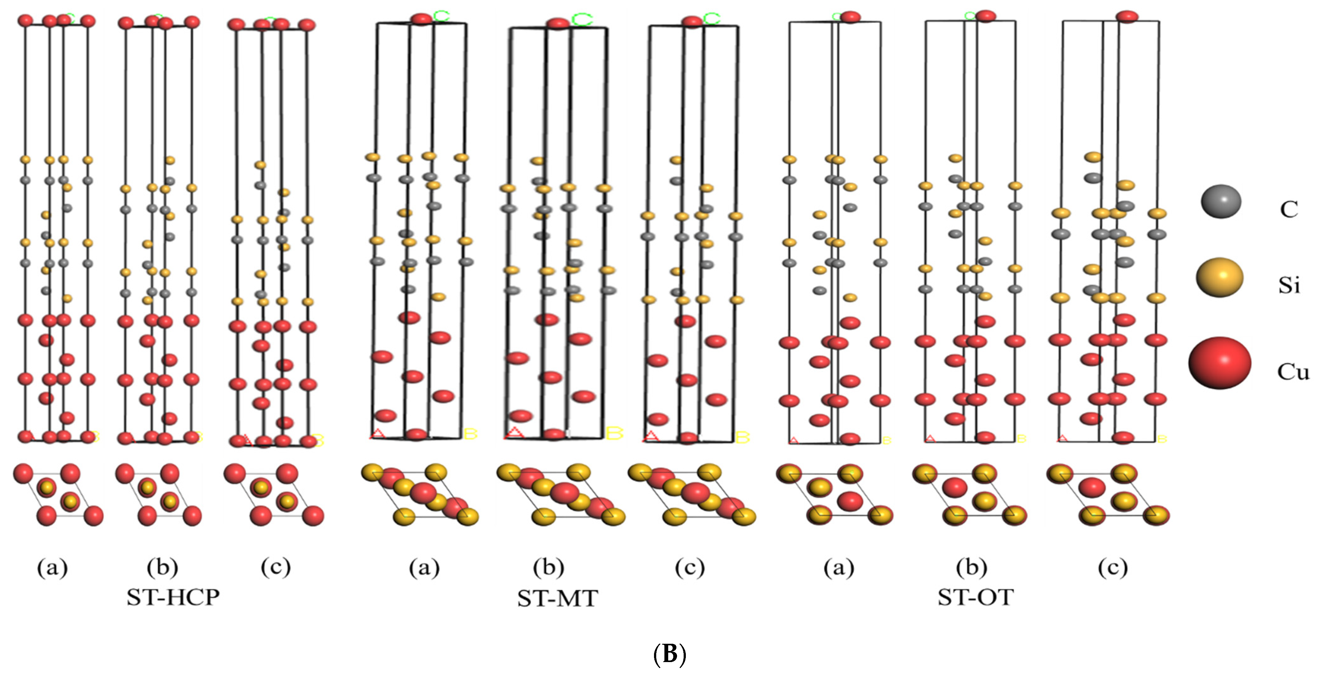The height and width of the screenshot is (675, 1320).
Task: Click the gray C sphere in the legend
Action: (1221, 201)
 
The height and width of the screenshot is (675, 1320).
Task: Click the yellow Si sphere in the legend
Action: (1220, 277)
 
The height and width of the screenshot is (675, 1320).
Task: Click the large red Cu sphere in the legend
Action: (1220, 363)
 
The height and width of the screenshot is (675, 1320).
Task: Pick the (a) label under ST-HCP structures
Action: (52, 568)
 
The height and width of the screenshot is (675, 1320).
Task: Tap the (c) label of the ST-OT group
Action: (1113, 568)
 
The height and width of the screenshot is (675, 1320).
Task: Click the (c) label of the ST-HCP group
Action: (276, 568)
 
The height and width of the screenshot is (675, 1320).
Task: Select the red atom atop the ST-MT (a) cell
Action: (421, 19)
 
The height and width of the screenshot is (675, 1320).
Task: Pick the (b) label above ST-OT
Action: (971, 568)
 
